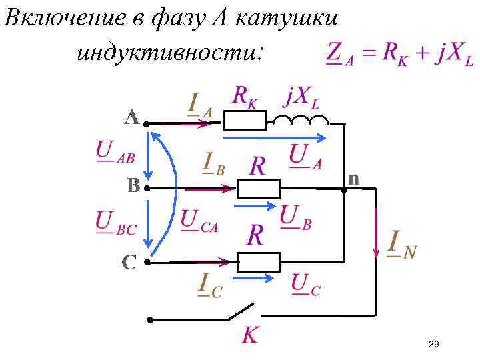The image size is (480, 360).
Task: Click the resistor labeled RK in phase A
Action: (x=243, y=121)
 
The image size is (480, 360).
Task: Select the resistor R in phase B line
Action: (x=259, y=189)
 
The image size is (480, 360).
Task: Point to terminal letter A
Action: (x=131, y=118)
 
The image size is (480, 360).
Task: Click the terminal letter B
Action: (x=133, y=186)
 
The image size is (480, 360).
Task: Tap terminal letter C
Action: (x=129, y=262)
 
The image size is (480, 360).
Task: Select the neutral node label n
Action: (x=353, y=179)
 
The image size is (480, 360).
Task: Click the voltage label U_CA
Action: (x=199, y=221)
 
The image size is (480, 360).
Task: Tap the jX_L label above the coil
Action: (x=301, y=97)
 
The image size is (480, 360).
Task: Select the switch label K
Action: (x=249, y=335)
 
